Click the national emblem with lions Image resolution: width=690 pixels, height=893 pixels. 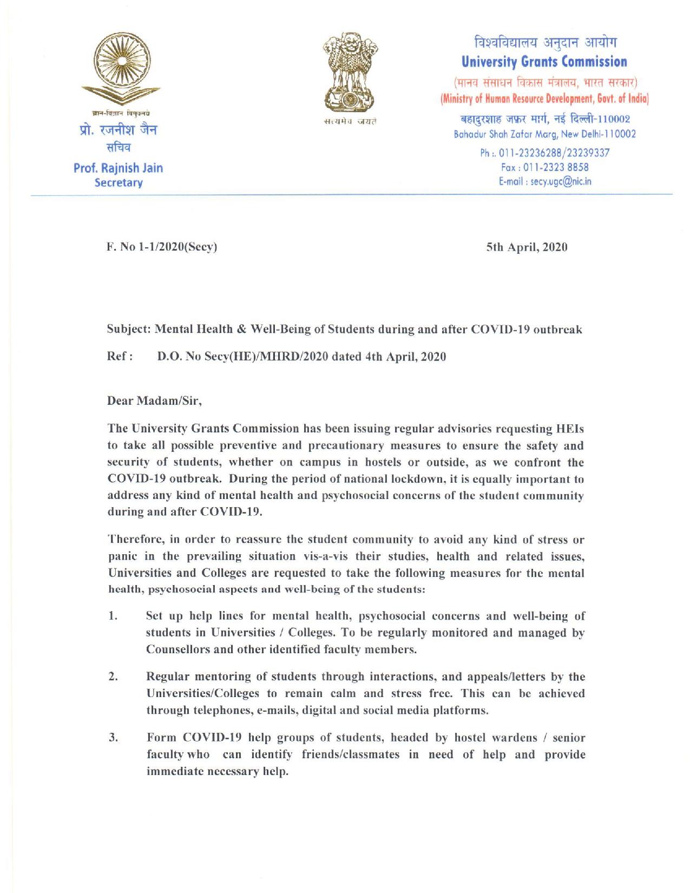(349, 73)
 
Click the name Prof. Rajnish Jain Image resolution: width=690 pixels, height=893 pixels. (118, 168)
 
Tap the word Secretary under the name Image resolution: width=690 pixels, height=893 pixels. (118, 182)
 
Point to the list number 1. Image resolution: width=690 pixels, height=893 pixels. (113, 616)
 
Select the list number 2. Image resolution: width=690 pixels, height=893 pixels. (113, 677)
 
